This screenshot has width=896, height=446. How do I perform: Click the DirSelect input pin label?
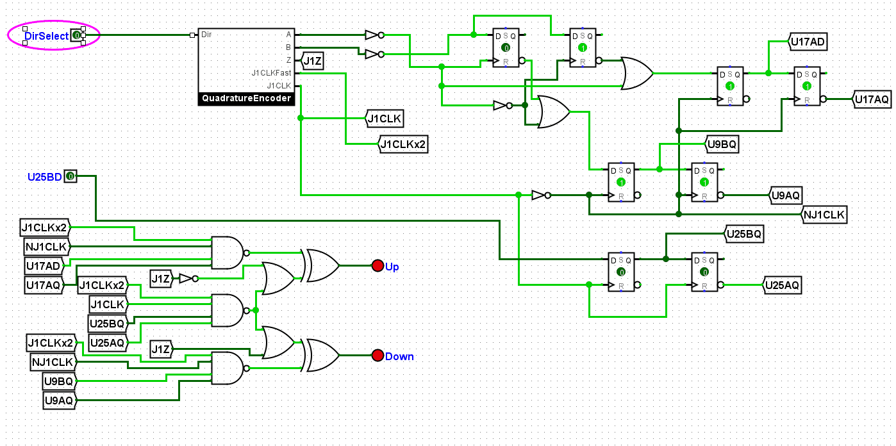(46, 36)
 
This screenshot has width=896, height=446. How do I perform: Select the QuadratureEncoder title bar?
(246, 99)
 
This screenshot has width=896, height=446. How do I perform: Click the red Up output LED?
(377, 265)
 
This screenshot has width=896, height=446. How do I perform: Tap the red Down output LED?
(377, 355)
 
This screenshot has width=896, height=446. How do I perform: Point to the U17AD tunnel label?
(808, 42)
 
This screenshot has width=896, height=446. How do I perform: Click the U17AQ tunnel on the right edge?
(872, 99)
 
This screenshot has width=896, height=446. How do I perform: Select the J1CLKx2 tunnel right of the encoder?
(402, 144)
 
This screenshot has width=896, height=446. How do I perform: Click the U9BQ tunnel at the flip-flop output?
(722, 144)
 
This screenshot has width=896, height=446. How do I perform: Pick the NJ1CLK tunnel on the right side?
(824, 215)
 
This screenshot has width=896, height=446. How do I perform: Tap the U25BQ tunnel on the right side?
(744, 234)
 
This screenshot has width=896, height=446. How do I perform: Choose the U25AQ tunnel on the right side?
(782, 285)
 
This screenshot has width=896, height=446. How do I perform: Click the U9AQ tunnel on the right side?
(786, 195)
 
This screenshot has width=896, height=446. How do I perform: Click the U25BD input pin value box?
(71, 176)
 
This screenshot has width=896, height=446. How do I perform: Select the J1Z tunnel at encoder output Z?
(312, 61)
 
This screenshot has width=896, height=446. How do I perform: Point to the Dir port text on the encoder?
(206, 35)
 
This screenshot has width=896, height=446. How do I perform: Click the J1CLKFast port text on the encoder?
(271, 73)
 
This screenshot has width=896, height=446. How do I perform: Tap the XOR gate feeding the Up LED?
(321, 265)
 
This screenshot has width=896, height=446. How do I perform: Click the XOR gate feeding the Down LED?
(321, 355)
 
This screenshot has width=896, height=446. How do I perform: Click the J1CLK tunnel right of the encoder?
(385, 119)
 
